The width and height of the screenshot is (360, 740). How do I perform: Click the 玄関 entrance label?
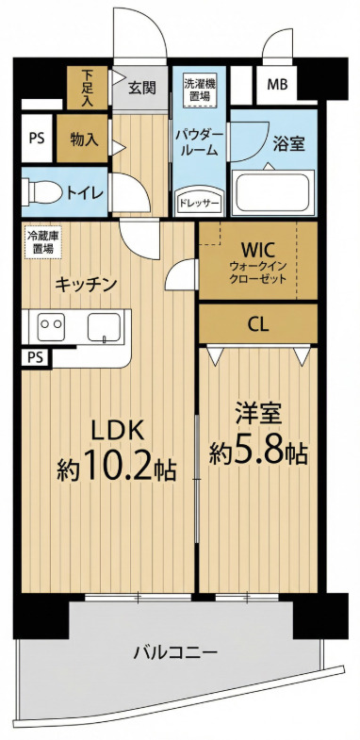pyautogui.click(x=141, y=88)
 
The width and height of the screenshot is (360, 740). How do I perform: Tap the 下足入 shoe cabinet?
pyautogui.click(x=88, y=88)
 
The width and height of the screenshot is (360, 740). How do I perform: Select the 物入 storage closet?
pyautogui.click(x=82, y=140)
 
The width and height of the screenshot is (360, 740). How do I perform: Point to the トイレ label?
pyautogui.click(x=84, y=193)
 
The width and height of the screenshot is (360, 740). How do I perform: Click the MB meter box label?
pyautogui.click(x=276, y=86)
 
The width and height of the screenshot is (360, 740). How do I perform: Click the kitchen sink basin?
pyautogui.click(x=104, y=326)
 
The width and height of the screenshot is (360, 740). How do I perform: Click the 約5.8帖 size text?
pyautogui.click(x=258, y=452)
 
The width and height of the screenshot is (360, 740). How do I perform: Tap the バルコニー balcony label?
pyautogui.click(x=175, y=653)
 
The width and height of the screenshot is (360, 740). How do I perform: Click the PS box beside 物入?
pyautogui.click(x=37, y=139)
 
